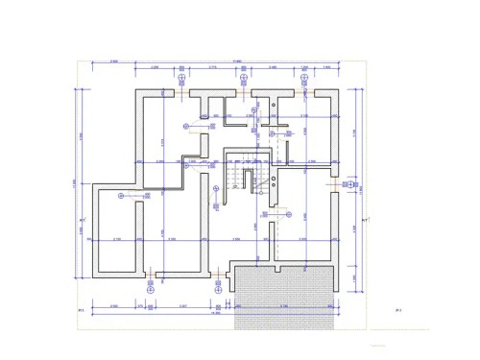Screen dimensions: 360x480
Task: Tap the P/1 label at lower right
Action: pos(397,311)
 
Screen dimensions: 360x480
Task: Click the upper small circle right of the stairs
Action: pos(275,170)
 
